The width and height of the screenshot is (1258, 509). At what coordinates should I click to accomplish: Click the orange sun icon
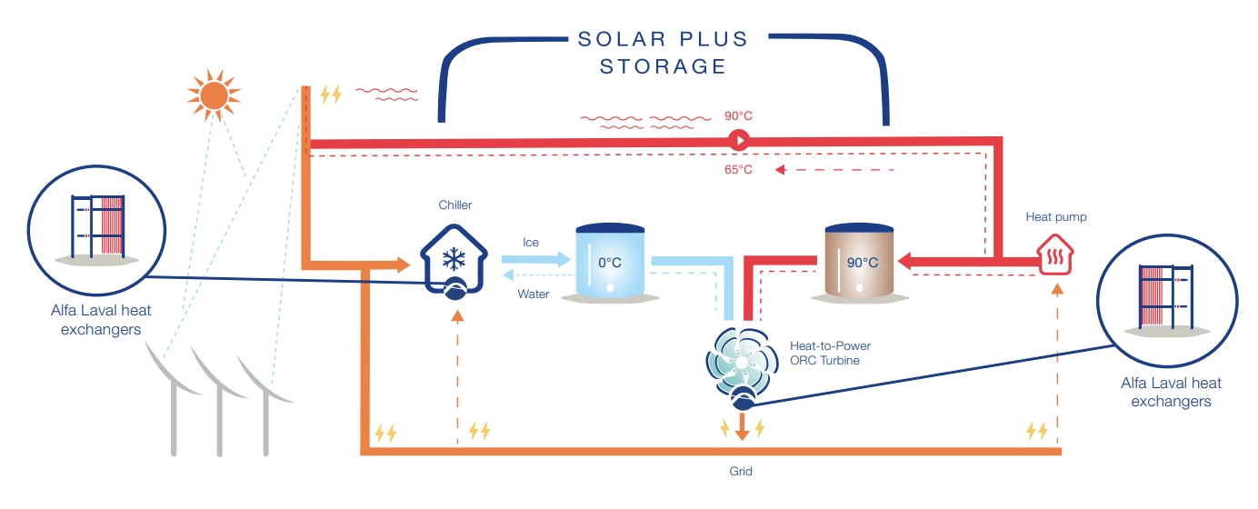coord(213,93)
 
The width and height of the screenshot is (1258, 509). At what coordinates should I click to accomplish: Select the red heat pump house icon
coord(1056,253)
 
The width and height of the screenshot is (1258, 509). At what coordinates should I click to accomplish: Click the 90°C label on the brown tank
coord(862,263)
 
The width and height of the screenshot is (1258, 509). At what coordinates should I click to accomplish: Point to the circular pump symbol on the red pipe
coord(738,141)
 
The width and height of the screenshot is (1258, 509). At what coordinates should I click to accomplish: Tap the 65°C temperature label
coord(738,170)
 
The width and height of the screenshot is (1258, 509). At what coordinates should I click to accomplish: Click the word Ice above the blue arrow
coord(531,243)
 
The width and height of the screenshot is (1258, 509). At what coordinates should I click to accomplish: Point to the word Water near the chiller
coord(534,294)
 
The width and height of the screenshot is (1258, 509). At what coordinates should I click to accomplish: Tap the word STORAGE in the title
coord(663,66)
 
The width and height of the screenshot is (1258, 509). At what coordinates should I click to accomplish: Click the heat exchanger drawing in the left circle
coord(97,227)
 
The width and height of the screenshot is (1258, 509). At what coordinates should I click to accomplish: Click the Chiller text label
coord(455,205)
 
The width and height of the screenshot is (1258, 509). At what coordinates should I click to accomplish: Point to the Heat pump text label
coord(1056,216)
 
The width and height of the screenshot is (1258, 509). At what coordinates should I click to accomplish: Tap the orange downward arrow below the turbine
coord(742,427)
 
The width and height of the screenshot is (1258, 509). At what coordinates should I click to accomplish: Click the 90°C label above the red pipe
coord(738,115)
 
